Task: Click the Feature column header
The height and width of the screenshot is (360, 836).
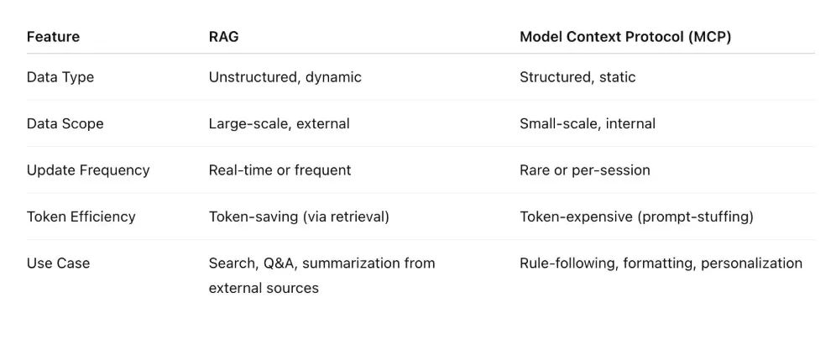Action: (x=53, y=37)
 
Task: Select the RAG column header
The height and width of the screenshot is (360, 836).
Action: (x=223, y=37)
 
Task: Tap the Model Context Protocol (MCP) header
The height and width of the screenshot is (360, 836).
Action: (x=624, y=37)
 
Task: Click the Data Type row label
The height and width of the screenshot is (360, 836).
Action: (x=60, y=77)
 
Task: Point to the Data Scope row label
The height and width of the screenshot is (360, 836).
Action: (x=65, y=123)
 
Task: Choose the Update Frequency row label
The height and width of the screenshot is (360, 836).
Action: (x=88, y=170)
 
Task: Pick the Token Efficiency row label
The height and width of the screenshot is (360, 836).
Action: (x=81, y=217)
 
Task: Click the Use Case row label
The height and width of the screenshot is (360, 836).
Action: (x=58, y=263)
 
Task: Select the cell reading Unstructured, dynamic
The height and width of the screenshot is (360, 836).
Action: (x=285, y=77)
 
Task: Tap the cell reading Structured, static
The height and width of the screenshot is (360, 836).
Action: (x=577, y=77)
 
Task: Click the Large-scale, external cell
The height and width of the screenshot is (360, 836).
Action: (x=280, y=123)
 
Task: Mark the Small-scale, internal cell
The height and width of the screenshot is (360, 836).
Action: (x=588, y=123)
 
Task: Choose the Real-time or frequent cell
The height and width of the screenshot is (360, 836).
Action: (x=280, y=170)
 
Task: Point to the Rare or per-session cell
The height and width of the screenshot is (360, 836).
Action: (x=585, y=170)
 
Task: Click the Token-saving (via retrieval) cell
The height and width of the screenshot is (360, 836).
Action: (x=299, y=217)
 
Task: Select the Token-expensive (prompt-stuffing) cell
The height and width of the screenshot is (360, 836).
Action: (x=636, y=217)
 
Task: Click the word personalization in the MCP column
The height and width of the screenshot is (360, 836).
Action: (x=751, y=263)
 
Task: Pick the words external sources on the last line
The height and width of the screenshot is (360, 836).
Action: (x=264, y=288)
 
